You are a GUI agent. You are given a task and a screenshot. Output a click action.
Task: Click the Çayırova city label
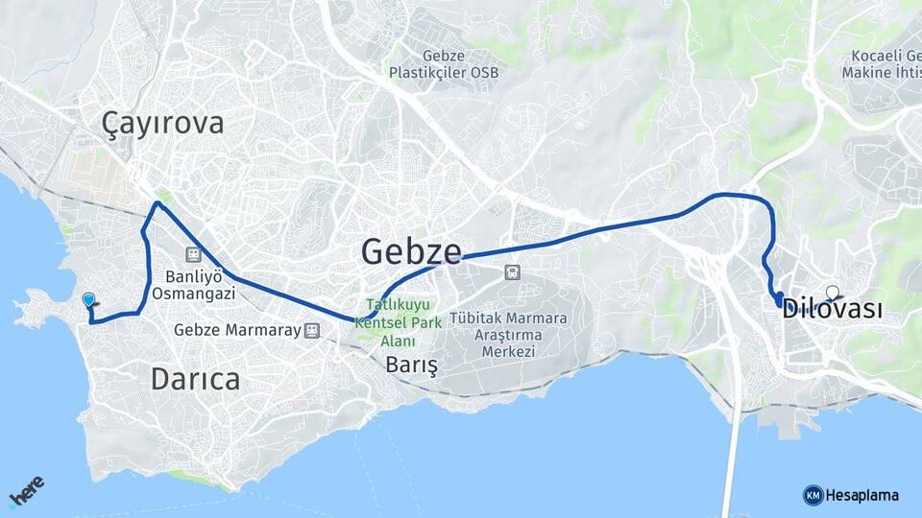[163, 123]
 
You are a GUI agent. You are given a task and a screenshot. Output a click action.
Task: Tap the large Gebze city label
[411, 251]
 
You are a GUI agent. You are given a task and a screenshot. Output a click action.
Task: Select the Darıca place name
[195, 379]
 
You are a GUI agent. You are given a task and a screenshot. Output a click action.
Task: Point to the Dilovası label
[832, 309]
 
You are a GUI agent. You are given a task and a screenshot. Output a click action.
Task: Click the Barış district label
[411, 365]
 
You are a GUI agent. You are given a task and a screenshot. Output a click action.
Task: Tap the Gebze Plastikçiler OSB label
[444, 64]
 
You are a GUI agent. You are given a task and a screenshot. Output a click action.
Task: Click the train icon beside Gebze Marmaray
[311, 330]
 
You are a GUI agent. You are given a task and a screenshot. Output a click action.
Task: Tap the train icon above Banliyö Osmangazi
[193, 254]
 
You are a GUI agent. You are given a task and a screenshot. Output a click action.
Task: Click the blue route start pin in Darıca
[89, 301]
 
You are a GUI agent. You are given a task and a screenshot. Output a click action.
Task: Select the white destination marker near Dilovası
[832, 293]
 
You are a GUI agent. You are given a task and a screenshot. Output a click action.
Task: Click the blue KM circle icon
[813, 495]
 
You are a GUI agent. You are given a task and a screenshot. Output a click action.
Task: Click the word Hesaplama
[862, 495]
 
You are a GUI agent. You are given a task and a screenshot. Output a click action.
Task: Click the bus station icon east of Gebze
[512, 272]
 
